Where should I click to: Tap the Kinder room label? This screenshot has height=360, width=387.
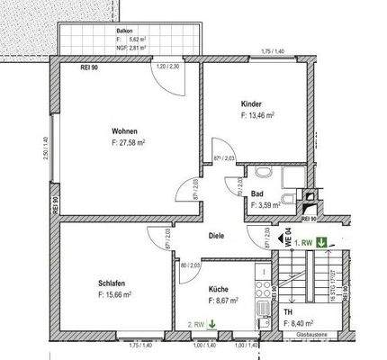[252, 103]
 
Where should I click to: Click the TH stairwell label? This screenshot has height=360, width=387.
[287, 310]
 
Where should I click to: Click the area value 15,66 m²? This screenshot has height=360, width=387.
[115, 294]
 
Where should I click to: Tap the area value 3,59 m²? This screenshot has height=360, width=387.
[261, 204]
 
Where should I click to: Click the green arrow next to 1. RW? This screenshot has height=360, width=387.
[321, 240]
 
